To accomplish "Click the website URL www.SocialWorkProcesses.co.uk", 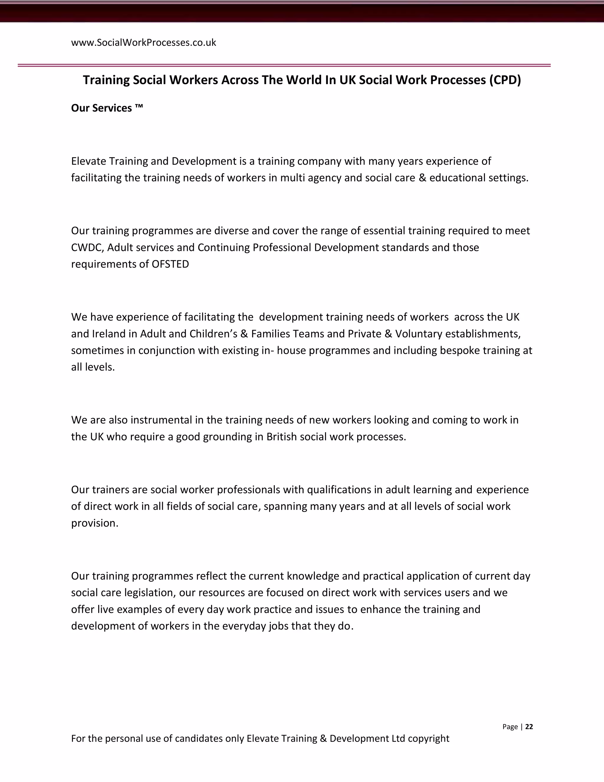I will click(x=144, y=42).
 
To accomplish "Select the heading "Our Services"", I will click(x=102, y=108).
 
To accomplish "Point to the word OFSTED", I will click(x=170, y=264).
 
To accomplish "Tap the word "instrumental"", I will click(x=161, y=420).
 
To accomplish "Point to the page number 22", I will click(x=529, y=727).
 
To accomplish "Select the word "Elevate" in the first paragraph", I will click(x=88, y=161).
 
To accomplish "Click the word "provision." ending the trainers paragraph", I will click(x=94, y=523).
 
